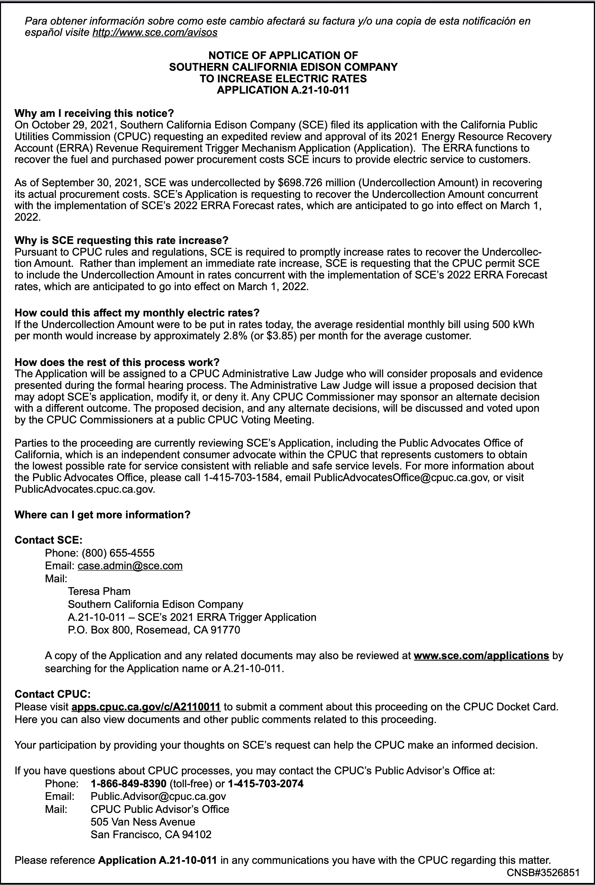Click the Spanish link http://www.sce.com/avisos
pyautogui.click(x=155, y=32)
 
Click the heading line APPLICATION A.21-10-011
pyautogui.click(x=283, y=90)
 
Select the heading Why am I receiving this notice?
pyautogui.click(x=94, y=113)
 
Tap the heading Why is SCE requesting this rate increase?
pyautogui.click(x=121, y=241)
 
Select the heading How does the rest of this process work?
pyautogui.click(x=117, y=362)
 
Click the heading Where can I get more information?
pyautogui.click(x=103, y=515)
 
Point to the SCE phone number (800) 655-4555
pyautogui.click(x=118, y=553)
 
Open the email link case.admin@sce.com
pyautogui.click(x=130, y=566)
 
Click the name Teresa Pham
pyautogui.click(x=99, y=591)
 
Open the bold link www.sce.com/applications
pyautogui.click(x=481, y=656)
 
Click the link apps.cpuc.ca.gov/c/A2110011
pyautogui.click(x=146, y=707)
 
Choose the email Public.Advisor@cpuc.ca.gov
pyautogui.click(x=158, y=796)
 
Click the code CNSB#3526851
pyautogui.click(x=543, y=872)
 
